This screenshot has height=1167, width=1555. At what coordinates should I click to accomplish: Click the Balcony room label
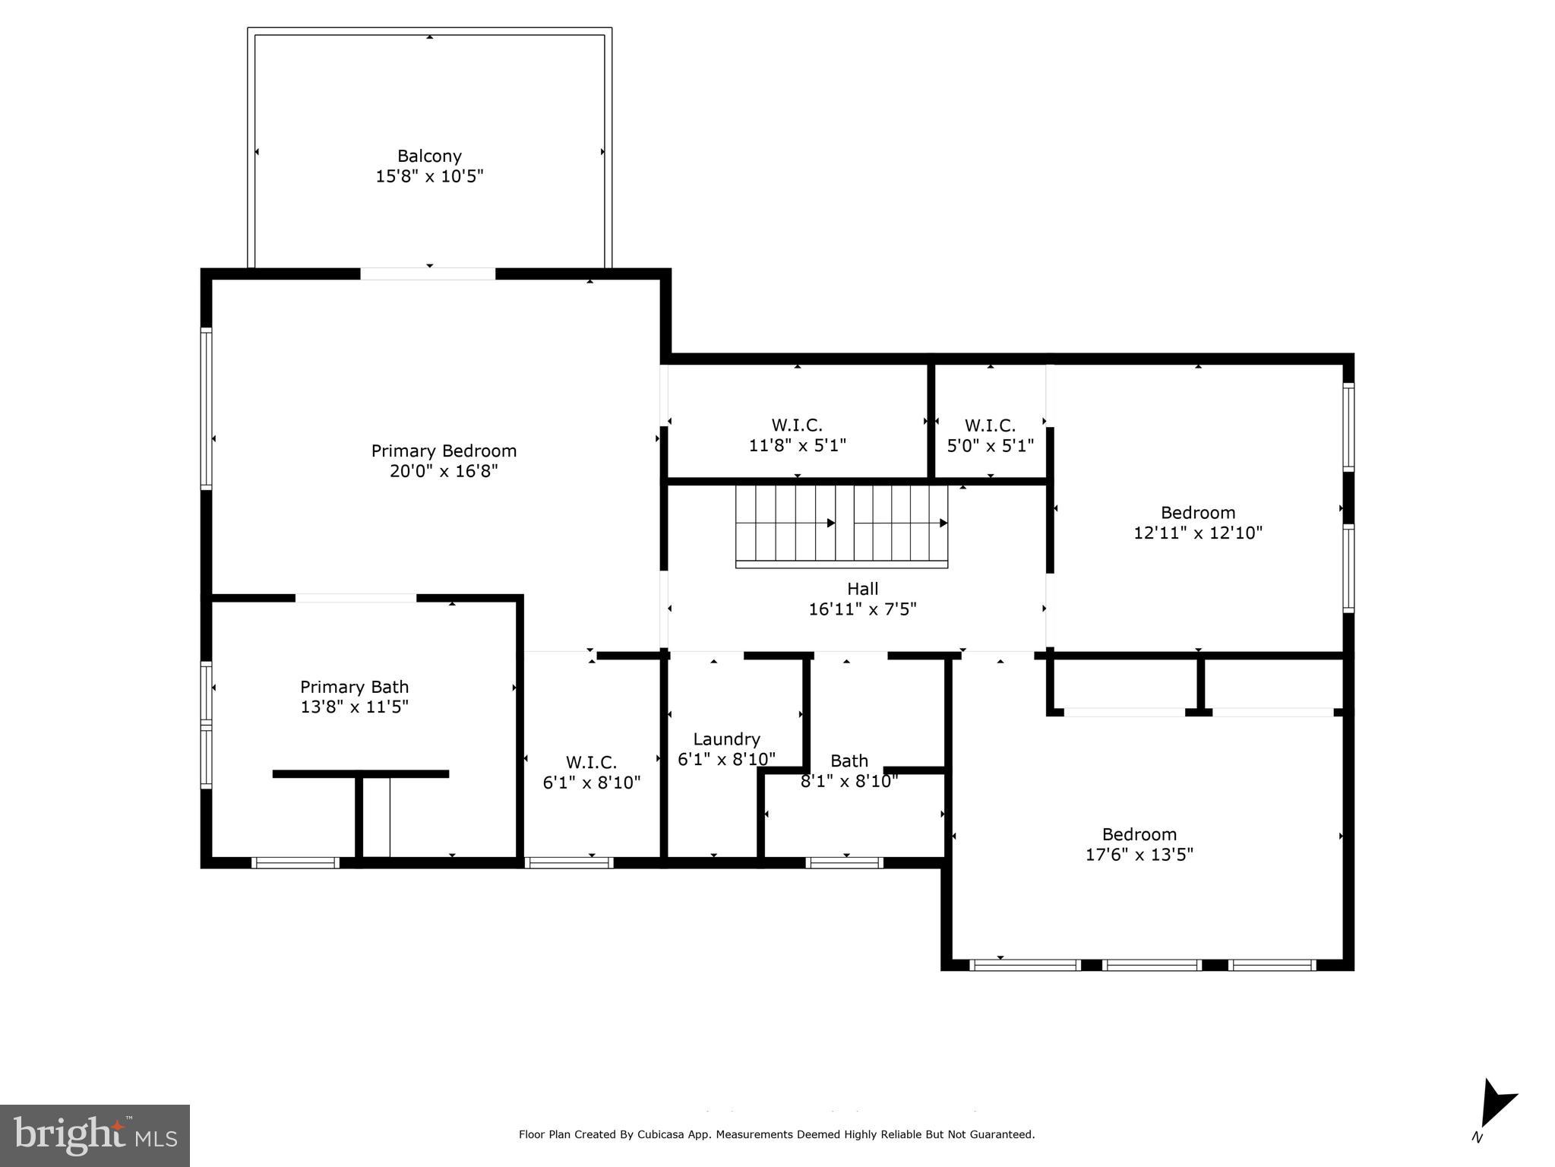[429, 156]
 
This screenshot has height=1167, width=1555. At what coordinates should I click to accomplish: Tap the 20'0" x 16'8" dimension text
[444, 471]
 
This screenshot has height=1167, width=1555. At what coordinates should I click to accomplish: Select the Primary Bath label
[354, 687]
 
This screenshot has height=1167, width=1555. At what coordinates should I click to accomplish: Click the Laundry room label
[726, 739]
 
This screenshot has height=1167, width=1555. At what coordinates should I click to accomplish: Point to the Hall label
[862, 589]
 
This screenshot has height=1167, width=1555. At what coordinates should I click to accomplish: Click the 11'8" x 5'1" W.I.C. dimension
[797, 445]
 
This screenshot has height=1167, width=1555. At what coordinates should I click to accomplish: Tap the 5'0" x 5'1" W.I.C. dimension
[990, 445]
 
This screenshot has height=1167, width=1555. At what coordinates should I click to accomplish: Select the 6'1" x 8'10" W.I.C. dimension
[591, 783]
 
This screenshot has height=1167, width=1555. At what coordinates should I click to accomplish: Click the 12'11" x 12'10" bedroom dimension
[1198, 533]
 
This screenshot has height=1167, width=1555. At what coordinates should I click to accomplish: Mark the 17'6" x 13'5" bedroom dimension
[1139, 855]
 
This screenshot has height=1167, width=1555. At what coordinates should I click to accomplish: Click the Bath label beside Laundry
[849, 761]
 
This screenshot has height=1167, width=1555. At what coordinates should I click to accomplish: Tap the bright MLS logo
[95, 1135]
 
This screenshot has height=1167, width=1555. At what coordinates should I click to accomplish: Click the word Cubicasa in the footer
[662, 1135]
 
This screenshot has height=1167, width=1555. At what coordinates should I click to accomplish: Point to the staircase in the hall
[841, 524]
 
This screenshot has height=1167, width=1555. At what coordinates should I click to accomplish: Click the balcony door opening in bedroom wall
[428, 274]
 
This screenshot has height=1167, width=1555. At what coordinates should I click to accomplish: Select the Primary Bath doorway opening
[356, 598]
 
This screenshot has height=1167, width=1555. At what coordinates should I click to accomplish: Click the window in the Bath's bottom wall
[844, 862]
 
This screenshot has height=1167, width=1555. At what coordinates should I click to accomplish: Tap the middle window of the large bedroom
[1151, 965]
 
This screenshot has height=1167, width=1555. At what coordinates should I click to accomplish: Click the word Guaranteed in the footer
[999, 1135]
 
